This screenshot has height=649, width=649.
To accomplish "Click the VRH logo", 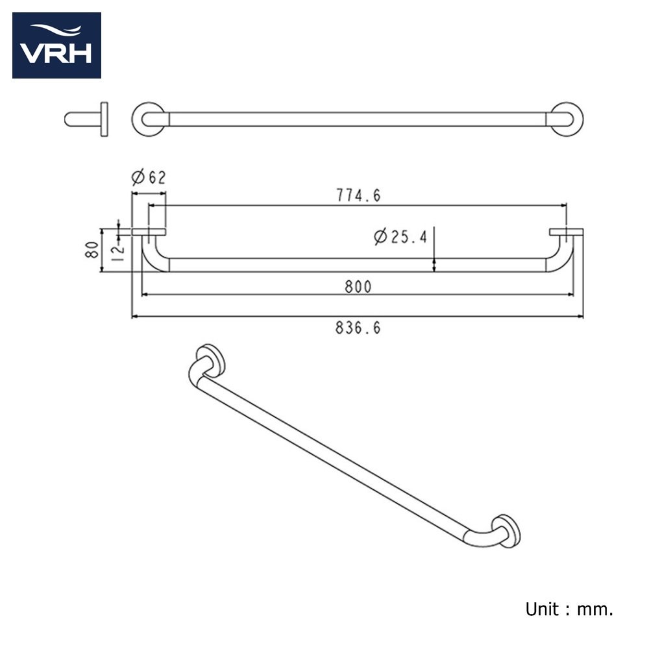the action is [x=56, y=45].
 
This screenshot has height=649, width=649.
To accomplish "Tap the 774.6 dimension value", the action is [x=358, y=195].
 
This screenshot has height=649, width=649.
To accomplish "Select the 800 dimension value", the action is [x=358, y=286].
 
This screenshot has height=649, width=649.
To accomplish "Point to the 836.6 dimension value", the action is [x=358, y=328].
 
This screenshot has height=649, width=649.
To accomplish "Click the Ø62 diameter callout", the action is [x=149, y=177].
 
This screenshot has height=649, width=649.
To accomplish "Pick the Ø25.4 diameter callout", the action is [x=400, y=237].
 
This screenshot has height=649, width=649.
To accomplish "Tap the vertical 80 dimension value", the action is [x=92, y=250].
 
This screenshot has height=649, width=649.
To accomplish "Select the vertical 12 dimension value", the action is [x=118, y=252].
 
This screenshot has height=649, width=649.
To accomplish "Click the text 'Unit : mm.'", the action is [x=569, y=609].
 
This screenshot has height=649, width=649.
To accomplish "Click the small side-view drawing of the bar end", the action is [x=86, y=119].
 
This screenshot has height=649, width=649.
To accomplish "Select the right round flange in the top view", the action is [x=566, y=119].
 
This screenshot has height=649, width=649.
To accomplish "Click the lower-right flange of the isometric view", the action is [x=506, y=532].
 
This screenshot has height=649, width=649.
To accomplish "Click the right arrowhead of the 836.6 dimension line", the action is [x=580, y=317].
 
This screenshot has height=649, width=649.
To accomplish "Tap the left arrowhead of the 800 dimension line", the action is [x=145, y=295].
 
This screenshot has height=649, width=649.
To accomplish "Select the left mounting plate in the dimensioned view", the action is [x=149, y=232].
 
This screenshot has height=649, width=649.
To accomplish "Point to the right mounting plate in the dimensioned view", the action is [x=566, y=232].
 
